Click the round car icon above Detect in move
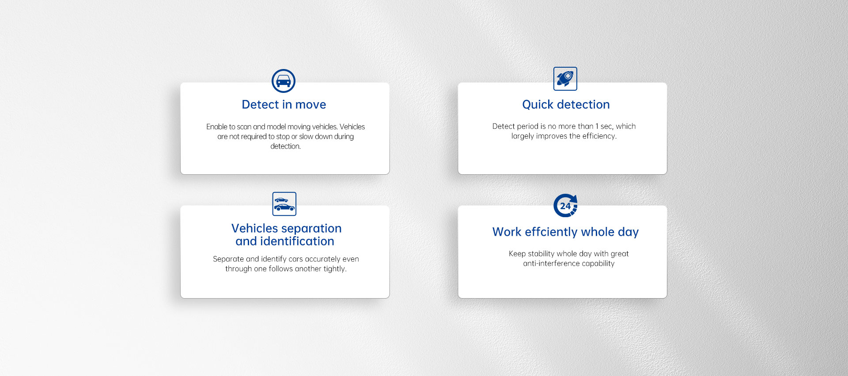(284, 81)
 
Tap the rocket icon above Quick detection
(565, 79)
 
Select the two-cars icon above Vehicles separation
(284, 204)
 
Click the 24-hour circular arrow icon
(565, 206)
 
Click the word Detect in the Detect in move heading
(261, 105)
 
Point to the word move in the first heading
(311, 105)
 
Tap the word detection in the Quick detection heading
(583, 105)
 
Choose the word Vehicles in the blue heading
(254, 228)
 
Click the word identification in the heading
(297, 242)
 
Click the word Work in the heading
(507, 232)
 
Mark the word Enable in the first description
(216, 127)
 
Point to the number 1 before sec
(597, 127)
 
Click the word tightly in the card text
(335, 269)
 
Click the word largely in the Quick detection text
(522, 136)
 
